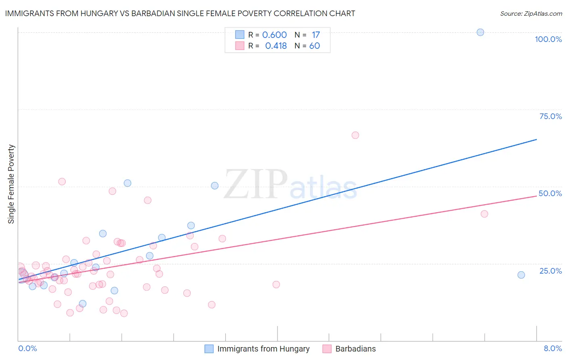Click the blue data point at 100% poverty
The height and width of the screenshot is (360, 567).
click(480, 32)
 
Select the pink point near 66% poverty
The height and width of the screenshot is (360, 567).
click(355, 135)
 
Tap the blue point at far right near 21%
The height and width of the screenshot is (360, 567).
click(521, 275)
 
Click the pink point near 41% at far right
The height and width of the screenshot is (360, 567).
click(484, 214)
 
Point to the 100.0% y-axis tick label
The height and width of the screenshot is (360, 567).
click(548, 39)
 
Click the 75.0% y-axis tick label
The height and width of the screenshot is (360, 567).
click(550, 116)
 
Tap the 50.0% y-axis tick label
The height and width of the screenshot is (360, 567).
click(550, 193)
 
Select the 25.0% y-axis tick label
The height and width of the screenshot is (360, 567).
click(550, 271)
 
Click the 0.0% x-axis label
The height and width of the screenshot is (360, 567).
click(27, 348)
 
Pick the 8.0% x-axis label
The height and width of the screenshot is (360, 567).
click(552, 348)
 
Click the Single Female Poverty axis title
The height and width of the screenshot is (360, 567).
click(11, 184)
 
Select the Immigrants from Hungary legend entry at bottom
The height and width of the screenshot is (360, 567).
click(263, 349)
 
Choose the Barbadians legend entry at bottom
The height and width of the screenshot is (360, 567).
click(355, 349)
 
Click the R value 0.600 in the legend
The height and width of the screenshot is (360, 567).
click(274, 35)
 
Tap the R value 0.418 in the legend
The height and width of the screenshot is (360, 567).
click(276, 46)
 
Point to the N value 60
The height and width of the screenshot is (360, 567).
click(315, 46)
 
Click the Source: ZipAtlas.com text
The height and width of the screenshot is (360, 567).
click(531, 14)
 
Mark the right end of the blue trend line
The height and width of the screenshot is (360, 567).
click(536, 139)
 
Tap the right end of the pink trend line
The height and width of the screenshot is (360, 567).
click(536, 196)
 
